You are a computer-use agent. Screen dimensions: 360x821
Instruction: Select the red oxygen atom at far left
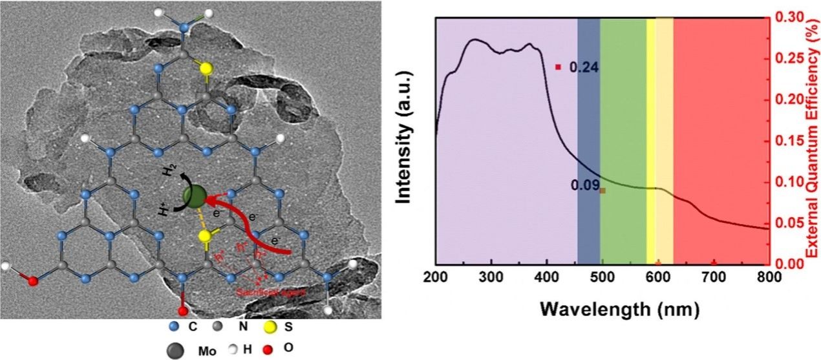pos(33,281)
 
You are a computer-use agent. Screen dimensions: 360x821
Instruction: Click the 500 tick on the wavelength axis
pos(602,277)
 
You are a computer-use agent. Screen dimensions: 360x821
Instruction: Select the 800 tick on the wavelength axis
pos(768,277)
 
